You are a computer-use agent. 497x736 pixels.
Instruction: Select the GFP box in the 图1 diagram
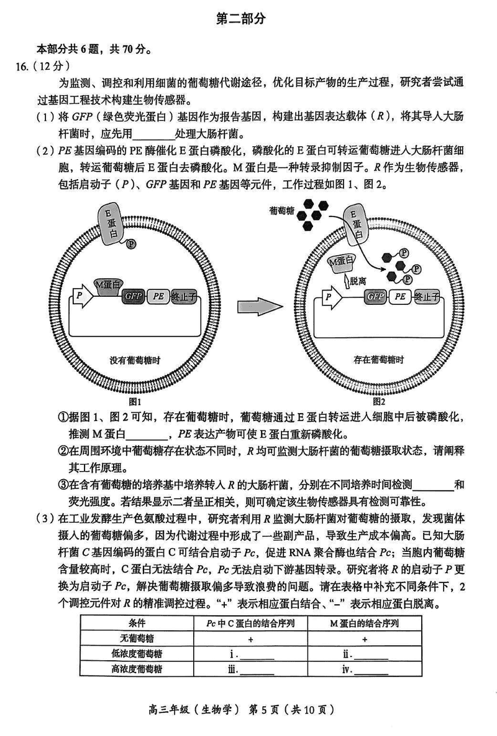pyautogui.click(x=133, y=297)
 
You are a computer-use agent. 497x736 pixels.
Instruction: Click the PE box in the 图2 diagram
pyautogui.click(x=399, y=297)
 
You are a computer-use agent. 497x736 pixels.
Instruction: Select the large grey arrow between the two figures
pyautogui.click(x=256, y=307)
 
